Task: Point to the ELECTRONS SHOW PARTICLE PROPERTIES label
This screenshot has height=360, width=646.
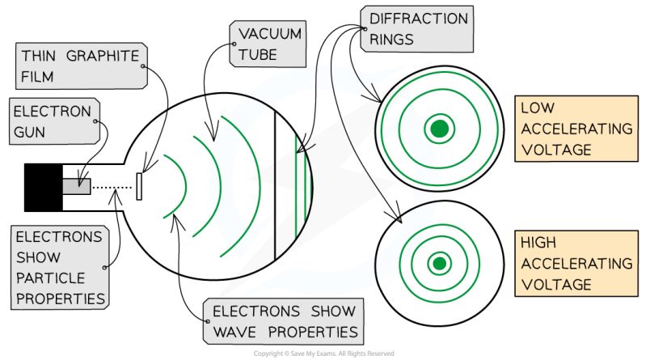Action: coord(60,268)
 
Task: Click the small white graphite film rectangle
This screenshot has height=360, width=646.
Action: coord(139,186)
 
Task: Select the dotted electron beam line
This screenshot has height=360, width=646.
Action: coord(113,186)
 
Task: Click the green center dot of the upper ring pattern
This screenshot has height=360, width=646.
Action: coord(438,126)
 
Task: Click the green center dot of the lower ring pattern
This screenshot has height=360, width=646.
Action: coord(438,260)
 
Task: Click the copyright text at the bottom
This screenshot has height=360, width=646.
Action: coord(323,354)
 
